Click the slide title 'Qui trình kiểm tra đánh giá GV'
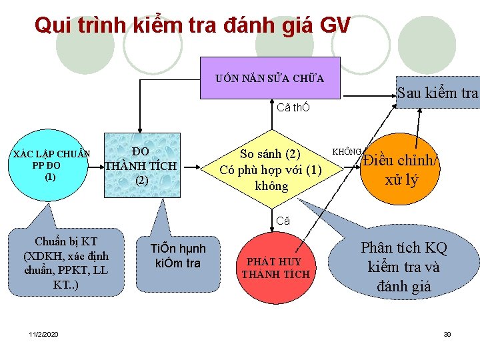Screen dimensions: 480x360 (x=192, y=25)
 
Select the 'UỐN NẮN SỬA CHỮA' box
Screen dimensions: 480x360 (x=270, y=78)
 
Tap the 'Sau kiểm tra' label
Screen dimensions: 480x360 (x=437, y=93)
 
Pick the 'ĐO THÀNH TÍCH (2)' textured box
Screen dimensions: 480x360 (x=141, y=165)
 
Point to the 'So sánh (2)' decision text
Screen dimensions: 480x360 (x=271, y=154)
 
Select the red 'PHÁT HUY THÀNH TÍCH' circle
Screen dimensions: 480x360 (x=275, y=268)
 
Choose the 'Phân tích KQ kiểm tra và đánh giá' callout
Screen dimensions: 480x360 (x=403, y=267)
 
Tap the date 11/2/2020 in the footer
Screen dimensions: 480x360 (x=43, y=333)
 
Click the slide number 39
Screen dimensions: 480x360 (x=447, y=333)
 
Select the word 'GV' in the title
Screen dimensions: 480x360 (x=334, y=25)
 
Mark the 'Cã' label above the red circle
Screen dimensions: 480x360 (x=283, y=221)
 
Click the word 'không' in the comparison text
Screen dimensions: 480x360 (x=271, y=186)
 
